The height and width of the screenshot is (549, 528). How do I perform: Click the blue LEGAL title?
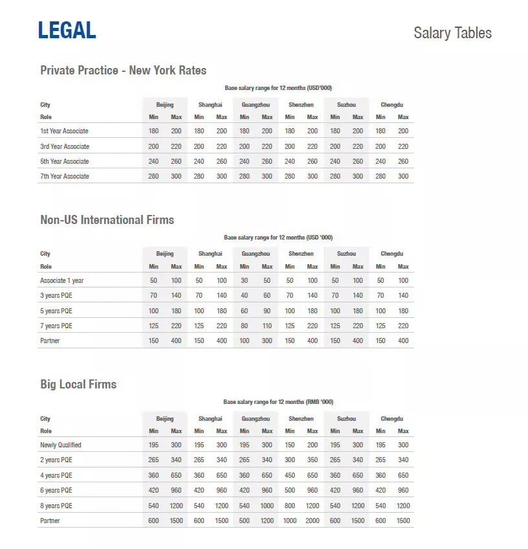click(x=67, y=30)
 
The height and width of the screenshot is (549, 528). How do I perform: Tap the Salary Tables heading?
click(x=452, y=33)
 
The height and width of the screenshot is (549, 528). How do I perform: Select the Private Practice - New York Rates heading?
click(x=123, y=70)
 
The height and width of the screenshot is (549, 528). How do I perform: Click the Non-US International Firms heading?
click(x=107, y=220)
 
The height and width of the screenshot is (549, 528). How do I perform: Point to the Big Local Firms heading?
click(x=78, y=385)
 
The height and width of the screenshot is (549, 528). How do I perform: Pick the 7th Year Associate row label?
click(x=65, y=176)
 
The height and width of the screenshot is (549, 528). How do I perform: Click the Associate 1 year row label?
click(x=61, y=280)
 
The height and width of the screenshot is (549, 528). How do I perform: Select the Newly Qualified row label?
click(x=61, y=445)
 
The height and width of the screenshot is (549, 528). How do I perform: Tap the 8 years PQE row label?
click(x=56, y=506)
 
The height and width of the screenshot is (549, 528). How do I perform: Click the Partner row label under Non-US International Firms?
click(x=50, y=341)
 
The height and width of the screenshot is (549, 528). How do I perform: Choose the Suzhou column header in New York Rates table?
click(x=346, y=105)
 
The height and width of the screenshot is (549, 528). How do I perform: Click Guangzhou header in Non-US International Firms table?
click(x=256, y=254)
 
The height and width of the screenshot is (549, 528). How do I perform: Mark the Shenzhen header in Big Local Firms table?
click(x=301, y=419)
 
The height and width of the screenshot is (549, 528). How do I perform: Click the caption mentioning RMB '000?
click(x=278, y=402)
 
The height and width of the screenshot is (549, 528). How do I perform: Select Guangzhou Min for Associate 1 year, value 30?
click(x=244, y=280)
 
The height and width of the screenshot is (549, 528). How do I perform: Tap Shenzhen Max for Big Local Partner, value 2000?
click(x=313, y=521)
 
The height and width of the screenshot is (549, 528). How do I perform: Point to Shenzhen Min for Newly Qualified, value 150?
click(x=289, y=445)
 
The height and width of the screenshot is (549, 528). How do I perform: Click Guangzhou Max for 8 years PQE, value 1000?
click(x=267, y=506)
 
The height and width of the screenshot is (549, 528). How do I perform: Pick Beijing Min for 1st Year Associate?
click(x=153, y=131)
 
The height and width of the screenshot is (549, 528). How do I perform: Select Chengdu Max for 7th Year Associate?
click(x=403, y=176)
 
